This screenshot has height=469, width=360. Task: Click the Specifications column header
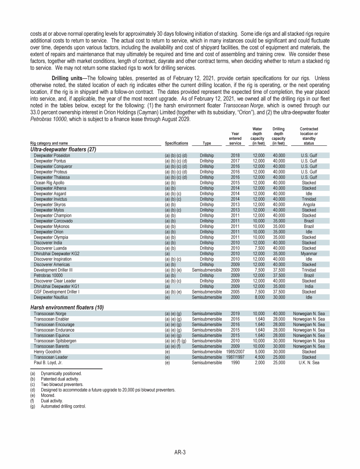[x=177, y=143]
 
